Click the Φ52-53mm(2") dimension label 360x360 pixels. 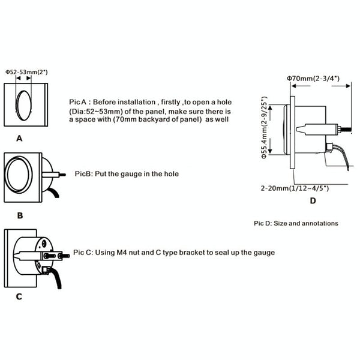click(26, 72)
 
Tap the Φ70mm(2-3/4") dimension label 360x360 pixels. click(313, 79)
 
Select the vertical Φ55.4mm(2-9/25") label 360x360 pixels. click(265, 127)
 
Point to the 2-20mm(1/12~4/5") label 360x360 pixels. click(295, 188)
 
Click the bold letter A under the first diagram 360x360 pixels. click(19, 139)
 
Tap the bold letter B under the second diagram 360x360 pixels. click(20, 215)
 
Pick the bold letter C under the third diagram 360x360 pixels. click(19, 296)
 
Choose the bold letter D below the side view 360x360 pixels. click(313, 201)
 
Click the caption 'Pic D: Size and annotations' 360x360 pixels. click(296, 223)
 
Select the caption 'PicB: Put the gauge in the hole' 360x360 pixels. click(127, 174)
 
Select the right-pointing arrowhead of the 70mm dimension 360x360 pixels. click(348, 86)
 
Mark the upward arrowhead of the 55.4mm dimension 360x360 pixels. click(270, 107)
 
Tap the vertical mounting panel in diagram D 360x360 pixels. click(293, 133)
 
